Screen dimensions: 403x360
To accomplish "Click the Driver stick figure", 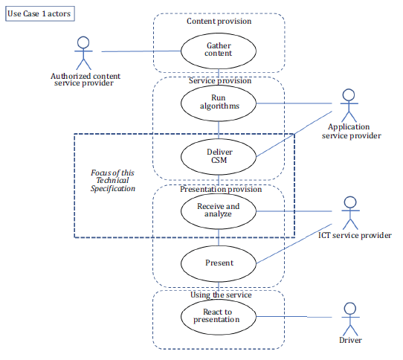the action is pos(350,319).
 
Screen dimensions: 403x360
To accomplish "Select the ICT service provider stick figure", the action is pos(350,213).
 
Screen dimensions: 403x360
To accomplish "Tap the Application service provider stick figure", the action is pos(349,106).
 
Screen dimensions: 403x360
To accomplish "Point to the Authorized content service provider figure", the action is pos(83,54).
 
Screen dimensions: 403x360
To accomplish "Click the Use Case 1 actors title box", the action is pos(40,13).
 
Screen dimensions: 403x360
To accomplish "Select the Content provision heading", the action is pos(219,21).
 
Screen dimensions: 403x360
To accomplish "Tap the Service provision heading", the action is pos(220,81).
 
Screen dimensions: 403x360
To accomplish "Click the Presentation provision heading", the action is pos(221,189).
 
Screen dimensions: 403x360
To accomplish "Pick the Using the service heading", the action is pos(221,295).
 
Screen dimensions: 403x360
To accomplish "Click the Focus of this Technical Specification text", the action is pos(112,181).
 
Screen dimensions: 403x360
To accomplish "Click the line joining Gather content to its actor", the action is pos(141,51).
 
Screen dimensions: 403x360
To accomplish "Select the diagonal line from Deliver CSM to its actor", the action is pos(294,134).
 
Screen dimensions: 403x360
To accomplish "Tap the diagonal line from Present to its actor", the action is pos(294,243).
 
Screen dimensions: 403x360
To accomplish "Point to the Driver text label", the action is pos(350,340).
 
